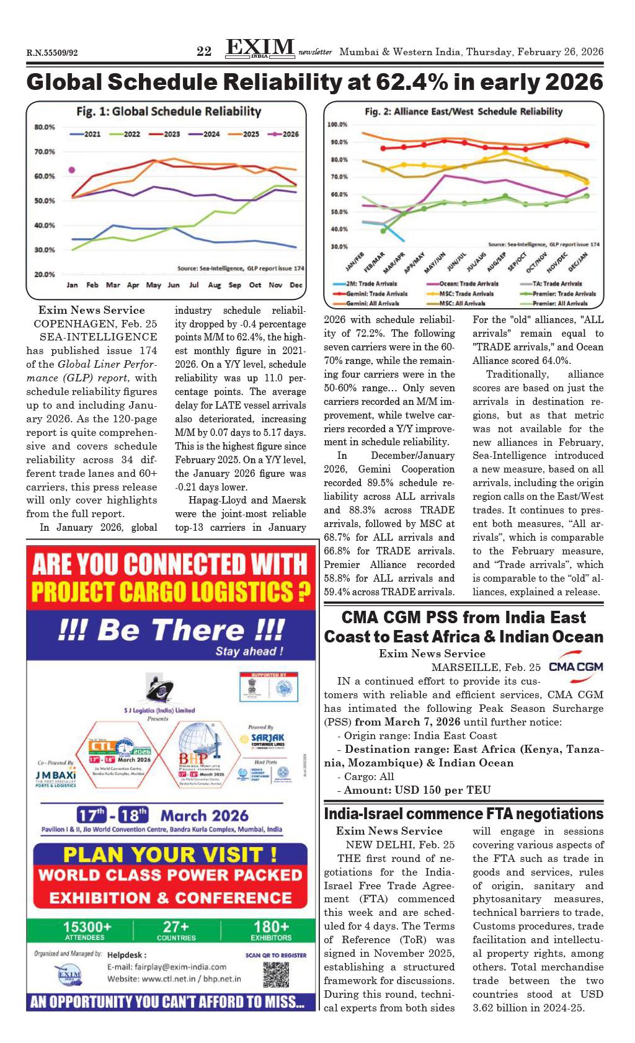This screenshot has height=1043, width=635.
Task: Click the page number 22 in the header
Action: tap(204, 51)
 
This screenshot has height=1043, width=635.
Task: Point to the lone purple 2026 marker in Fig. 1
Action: tap(72, 170)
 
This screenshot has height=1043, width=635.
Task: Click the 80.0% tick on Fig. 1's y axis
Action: tap(45, 127)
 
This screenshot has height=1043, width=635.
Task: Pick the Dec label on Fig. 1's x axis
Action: tap(296, 285)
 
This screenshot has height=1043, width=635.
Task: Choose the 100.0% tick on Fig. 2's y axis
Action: tap(337, 125)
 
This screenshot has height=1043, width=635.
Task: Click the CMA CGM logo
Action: tap(575, 665)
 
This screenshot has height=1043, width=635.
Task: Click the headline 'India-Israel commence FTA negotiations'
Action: tap(463, 814)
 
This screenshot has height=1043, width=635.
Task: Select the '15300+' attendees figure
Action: tap(87, 926)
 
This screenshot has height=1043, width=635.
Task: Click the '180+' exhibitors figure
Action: tap(270, 926)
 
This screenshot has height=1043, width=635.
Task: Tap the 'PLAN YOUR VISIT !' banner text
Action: tap(170, 854)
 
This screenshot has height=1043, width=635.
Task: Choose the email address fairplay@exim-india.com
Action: tap(167, 967)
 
